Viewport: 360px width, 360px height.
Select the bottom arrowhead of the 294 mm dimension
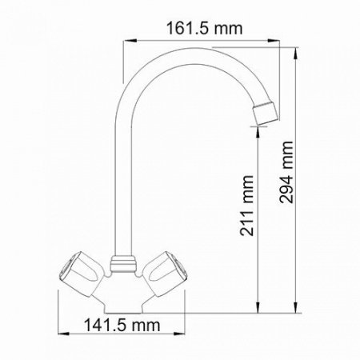click(297, 314)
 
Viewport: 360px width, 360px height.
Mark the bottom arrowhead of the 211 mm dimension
click(258, 314)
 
